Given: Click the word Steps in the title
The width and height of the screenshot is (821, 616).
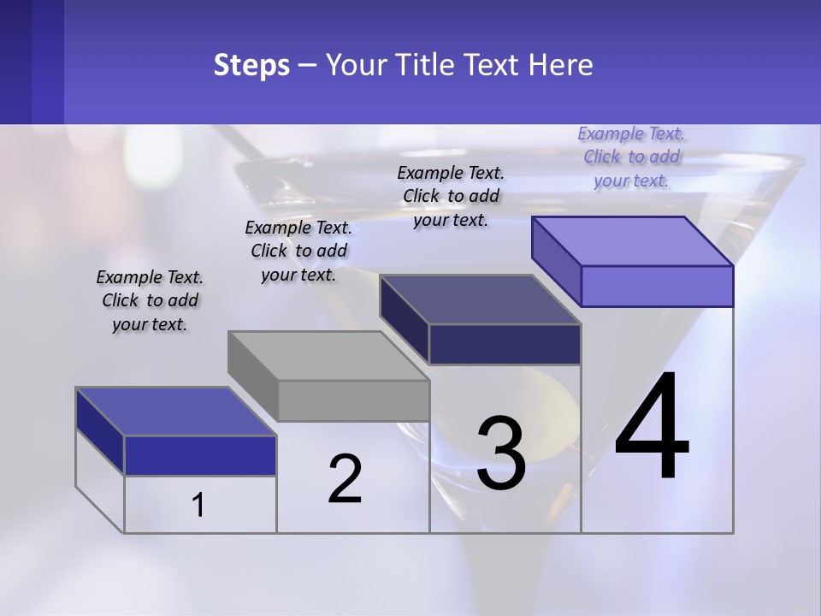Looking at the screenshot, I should pyautogui.click(x=251, y=65).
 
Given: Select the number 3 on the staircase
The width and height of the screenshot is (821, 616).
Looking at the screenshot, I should pyautogui.click(x=501, y=453).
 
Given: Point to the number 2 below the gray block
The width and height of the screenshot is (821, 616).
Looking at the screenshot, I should pyautogui.click(x=346, y=479).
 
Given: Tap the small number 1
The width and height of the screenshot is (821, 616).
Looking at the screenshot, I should pyautogui.click(x=198, y=505).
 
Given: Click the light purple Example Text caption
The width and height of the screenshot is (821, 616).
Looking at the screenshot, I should pyautogui.click(x=631, y=157).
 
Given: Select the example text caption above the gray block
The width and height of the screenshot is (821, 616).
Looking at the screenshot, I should pyautogui.click(x=298, y=251).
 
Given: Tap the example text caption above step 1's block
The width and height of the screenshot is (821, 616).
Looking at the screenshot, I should pyautogui.click(x=150, y=300).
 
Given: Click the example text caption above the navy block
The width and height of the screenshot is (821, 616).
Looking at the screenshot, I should pyautogui.click(x=451, y=196).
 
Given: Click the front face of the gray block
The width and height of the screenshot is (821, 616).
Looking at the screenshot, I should pyautogui.click(x=354, y=400).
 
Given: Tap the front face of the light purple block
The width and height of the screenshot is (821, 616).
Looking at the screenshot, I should pyautogui.click(x=657, y=286).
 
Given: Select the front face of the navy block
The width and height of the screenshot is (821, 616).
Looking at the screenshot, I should pyautogui.click(x=505, y=345).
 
